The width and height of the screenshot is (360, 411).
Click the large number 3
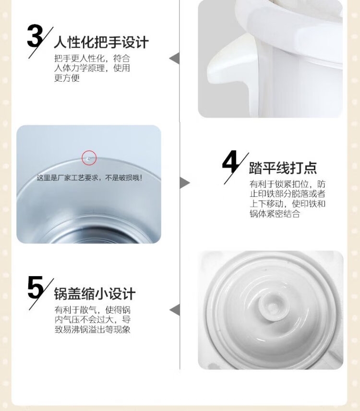point(35,36)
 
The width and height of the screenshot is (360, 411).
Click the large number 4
point(230,162)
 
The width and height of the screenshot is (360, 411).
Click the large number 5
point(36,288)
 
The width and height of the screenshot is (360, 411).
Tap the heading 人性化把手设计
point(101,42)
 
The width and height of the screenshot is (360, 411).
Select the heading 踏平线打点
point(283,168)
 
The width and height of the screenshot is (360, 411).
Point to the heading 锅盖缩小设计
point(95,293)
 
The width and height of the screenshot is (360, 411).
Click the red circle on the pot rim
point(89,158)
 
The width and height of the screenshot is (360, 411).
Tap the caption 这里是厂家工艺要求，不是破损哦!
point(90,178)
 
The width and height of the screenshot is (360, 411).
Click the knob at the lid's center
point(272,305)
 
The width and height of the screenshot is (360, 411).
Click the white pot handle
point(230,63)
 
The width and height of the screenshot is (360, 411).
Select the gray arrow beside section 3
point(174,58)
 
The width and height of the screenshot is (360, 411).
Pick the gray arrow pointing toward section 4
point(185,183)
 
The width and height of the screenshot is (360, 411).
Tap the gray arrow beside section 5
point(175,310)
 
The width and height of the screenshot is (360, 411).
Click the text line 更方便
point(67,78)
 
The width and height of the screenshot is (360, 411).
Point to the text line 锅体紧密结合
point(275,214)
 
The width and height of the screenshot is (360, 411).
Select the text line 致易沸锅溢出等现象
point(93,329)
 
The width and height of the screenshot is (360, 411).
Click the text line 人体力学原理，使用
point(92,68)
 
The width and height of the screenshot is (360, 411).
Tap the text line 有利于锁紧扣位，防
point(288,184)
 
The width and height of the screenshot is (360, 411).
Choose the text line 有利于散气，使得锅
point(93,310)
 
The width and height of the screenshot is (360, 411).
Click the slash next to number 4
point(237,168)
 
